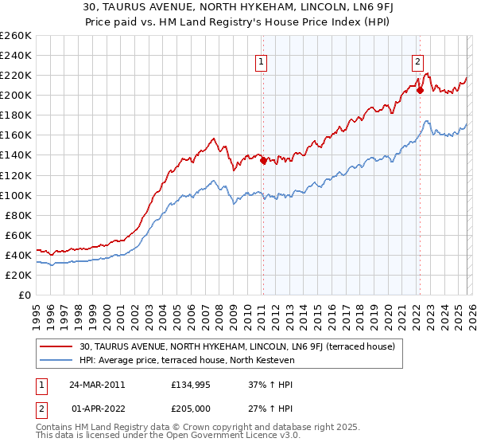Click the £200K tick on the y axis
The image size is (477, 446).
point(16,95)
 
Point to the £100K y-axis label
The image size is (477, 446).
point(16,195)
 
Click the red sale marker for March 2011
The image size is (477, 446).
point(263,159)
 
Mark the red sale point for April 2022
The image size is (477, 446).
point(419,90)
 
